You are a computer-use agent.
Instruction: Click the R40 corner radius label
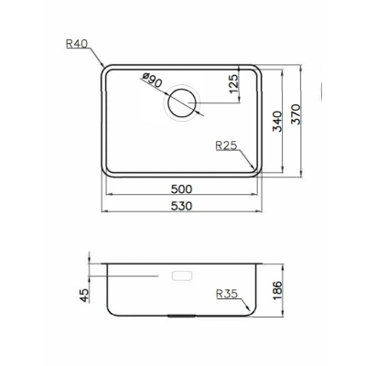coord(77,44)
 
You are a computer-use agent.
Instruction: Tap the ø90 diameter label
coord(152,81)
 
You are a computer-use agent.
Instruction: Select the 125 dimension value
coord(233,84)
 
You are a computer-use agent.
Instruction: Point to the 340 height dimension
coord(277,121)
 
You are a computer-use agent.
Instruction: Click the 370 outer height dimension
coord(296,114)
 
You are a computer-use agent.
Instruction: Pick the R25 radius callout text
coord(226,145)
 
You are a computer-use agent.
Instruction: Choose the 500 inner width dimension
coord(181,189)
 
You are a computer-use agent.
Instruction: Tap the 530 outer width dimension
coord(181,206)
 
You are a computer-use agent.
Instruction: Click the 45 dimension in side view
coord(84,296)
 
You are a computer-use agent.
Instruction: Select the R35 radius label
coord(227,294)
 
